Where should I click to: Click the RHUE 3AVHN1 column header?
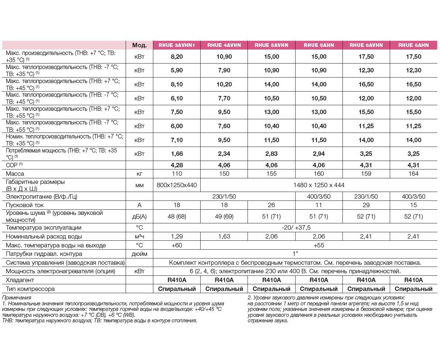[176, 45]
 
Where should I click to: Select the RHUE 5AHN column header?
[319, 45]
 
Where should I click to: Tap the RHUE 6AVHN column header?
[366, 45]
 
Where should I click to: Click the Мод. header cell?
[139, 45]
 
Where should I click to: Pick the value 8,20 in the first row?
[176, 56]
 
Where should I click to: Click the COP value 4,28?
[176, 165]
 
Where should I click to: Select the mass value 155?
[272, 174]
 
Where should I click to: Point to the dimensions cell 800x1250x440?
[176, 185]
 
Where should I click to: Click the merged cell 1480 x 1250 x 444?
[318, 185]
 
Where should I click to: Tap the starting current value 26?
[272, 205]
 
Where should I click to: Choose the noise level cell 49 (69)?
[224, 216]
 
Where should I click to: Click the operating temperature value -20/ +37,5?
[295, 227]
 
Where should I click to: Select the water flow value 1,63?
[224, 236]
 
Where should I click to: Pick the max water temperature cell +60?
[176, 245]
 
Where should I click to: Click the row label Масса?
[15, 174]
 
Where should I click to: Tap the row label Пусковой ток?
[25, 205]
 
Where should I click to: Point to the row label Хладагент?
[20, 280]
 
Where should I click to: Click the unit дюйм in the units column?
[139, 254]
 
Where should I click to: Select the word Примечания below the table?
[17, 297]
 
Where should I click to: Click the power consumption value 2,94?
[319, 154]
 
